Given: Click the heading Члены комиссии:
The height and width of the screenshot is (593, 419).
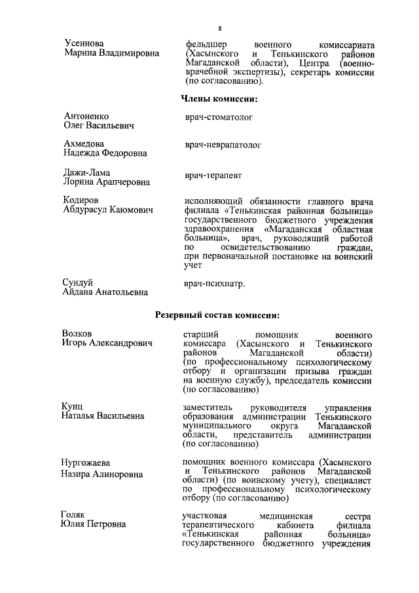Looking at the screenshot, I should click(218, 99).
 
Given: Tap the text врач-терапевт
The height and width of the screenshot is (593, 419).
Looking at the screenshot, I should click(212, 176).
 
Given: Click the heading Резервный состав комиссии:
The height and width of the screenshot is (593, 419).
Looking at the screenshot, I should click(218, 314).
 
